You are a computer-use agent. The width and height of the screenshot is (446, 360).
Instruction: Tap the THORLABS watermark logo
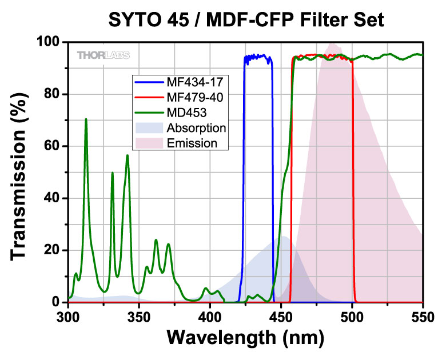coord(103,55)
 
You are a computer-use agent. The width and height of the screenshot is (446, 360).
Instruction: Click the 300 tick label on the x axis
coord(69,314)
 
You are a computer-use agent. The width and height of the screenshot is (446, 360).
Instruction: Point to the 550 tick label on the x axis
coord(423,314)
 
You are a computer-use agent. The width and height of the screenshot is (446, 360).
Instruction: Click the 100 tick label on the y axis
coord(49,42)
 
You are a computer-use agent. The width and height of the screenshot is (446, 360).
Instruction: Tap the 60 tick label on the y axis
coord(53,146)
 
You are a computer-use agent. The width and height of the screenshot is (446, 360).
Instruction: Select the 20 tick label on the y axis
coord(53,250)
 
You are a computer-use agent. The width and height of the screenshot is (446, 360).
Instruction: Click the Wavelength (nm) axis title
coord(245,339)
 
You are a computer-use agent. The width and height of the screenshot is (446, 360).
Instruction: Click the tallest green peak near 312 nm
coord(86,119)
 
